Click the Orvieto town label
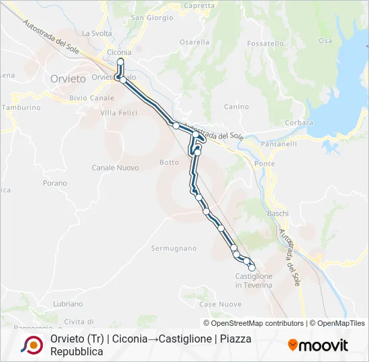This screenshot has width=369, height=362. click(x=68, y=78)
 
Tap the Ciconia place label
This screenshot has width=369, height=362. click(x=119, y=52)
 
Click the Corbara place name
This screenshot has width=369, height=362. click(x=299, y=123)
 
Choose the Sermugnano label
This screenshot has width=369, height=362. click(x=174, y=249)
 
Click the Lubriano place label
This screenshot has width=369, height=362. click(x=68, y=304)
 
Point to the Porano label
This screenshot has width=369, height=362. click(x=54, y=182)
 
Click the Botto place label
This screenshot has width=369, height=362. click(x=169, y=162)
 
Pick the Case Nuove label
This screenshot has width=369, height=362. click(x=215, y=304)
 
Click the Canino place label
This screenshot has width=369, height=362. click(x=236, y=107)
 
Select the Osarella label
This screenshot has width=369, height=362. click(x=195, y=42)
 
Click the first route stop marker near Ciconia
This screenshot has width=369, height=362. click(x=121, y=62)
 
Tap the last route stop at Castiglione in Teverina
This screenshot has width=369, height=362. click(x=252, y=267)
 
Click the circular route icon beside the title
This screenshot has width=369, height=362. click(x=31, y=345)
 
